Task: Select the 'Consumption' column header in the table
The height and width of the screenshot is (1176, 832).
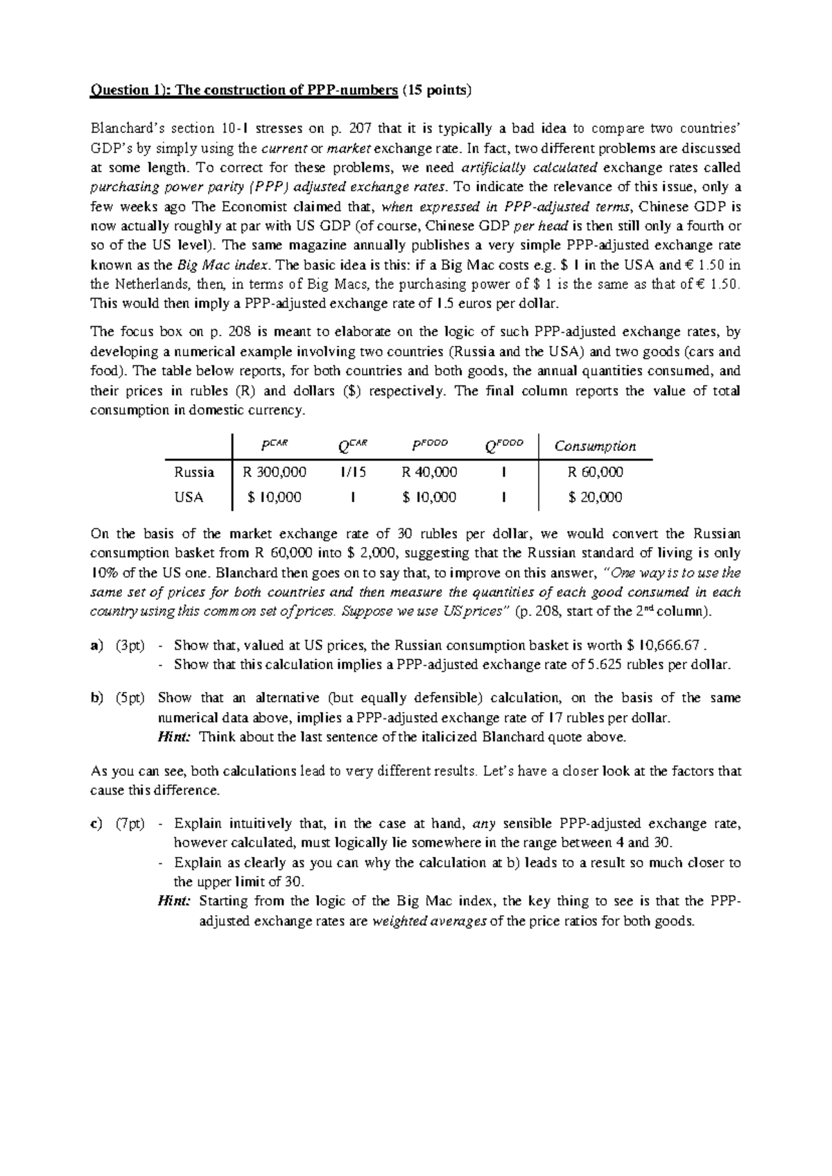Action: pyautogui.click(x=595, y=446)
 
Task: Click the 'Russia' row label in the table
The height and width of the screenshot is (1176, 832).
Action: pyautogui.click(x=194, y=472)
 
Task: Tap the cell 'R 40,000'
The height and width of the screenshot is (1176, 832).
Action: pyautogui.click(x=429, y=472)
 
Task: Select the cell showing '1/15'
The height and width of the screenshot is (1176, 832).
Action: pyautogui.click(x=353, y=472)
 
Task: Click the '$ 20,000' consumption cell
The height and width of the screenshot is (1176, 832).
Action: pyautogui.click(x=595, y=497)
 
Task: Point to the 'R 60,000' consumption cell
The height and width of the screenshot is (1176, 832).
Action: pyautogui.click(x=595, y=472)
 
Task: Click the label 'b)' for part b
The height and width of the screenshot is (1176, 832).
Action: pyautogui.click(x=97, y=698)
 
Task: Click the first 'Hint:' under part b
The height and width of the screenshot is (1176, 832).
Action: pyautogui.click(x=174, y=737)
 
